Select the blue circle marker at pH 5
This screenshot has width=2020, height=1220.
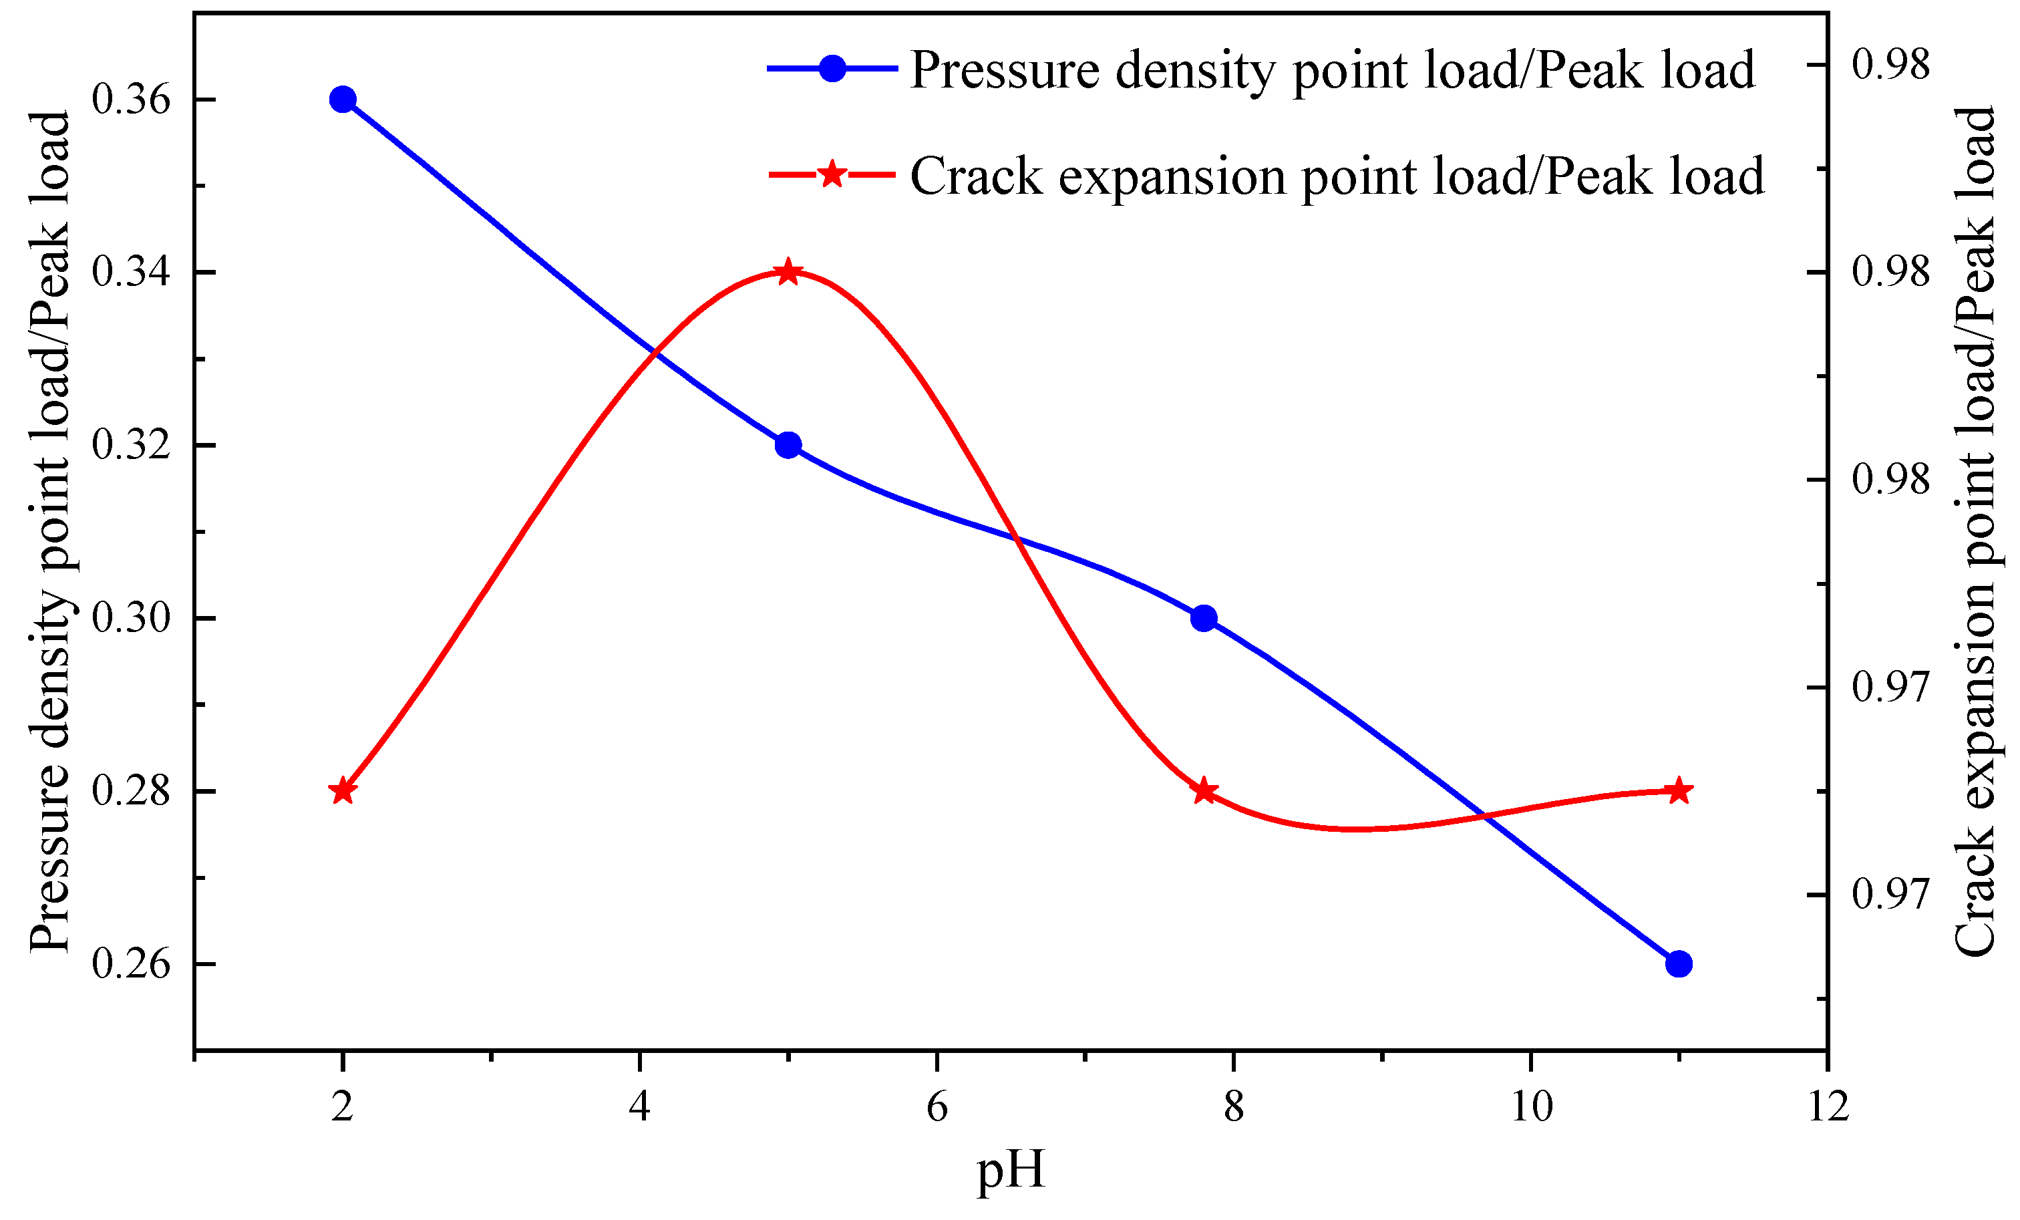click(x=788, y=445)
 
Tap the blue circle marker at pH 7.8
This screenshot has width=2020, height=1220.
click(x=1204, y=618)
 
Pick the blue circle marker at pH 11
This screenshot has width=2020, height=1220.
click(x=1679, y=963)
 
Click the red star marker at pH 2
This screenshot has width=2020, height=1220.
click(x=343, y=791)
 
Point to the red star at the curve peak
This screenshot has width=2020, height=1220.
click(x=788, y=272)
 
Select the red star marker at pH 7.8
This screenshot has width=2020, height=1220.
click(x=1204, y=791)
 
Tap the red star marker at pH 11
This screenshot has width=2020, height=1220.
click(x=1679, y=790)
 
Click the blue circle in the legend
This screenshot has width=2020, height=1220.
click(x=832, y=69)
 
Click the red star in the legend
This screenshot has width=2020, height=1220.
click(x=832, y=174)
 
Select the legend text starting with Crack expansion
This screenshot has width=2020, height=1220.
click(x=1336, y=176)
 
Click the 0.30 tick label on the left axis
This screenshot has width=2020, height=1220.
click(x=131, y=618)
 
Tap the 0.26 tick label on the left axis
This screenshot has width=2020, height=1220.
click(x=131, y=963)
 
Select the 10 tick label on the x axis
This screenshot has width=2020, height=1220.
click(x=1530, y=1108)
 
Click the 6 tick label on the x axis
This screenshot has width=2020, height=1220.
click(x=937, y=1108)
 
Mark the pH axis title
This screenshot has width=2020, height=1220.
click(x=1010, y=1169)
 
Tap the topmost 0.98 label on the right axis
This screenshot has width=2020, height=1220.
click(x=1890, y=65)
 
